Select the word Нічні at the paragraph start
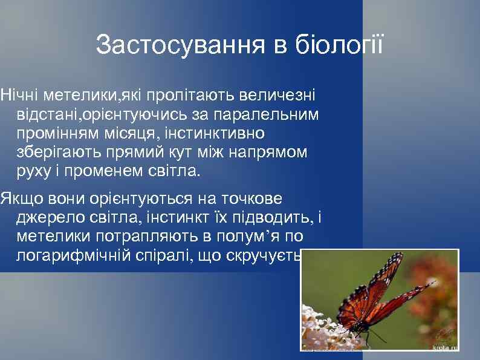(x=18, y=95)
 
